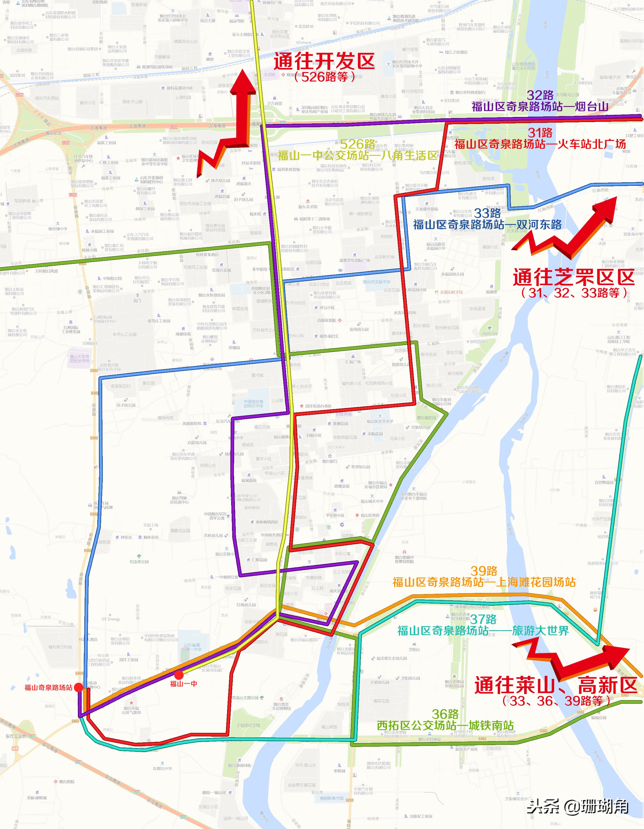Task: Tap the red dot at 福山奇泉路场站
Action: tap(78, 687)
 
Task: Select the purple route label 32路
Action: tap(540, 95)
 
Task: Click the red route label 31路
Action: tap(540, 133)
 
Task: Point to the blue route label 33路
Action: tap(487, 213)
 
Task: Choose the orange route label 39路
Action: tap(484, 581)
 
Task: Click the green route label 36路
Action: tap(445, 714)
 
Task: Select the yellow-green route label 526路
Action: tap(357, 144)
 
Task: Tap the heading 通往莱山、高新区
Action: tap(556, 685)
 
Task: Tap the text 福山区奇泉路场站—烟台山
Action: tap(540, 107)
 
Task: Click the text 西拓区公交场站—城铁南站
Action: tap(445, 725)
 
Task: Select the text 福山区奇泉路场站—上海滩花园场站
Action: tap(484, 593)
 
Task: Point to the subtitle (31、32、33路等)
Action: tap(574, 293)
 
